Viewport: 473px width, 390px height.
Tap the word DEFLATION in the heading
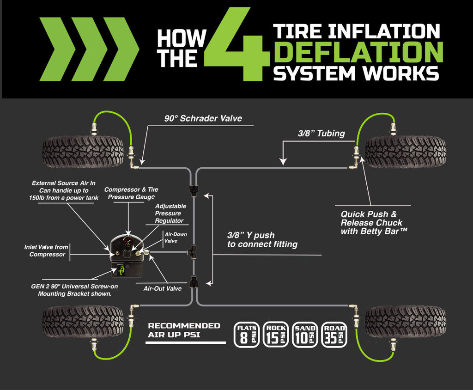tap(358, 52)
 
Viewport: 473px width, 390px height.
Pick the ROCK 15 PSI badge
tap(275, 334)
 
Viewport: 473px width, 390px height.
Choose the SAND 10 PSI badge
tap(304, 334)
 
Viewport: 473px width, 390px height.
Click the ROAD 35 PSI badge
tap(334, 334)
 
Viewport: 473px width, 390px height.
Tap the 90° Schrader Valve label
tap(203, 118)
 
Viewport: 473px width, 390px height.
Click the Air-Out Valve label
tap(162, 288)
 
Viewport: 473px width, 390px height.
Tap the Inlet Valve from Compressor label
tap(46, 251)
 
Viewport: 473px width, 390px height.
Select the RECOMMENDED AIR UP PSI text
tap(184, 330)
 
